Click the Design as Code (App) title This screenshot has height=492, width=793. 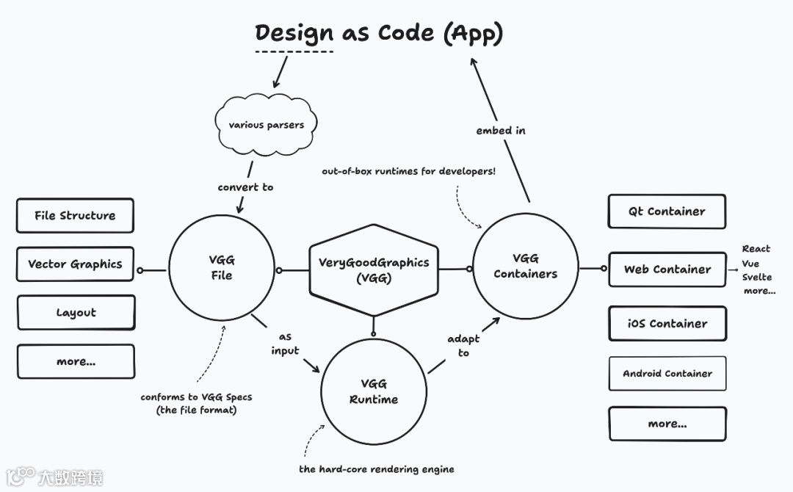point(379,33)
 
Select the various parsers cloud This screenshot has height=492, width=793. point(266,125)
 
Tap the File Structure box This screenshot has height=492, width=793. point(75,216)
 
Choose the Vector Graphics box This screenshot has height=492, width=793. point(75,264)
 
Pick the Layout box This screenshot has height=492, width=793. point(76,313)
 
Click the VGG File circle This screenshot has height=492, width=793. point(221,268)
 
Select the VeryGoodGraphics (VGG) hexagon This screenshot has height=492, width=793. point(374,269)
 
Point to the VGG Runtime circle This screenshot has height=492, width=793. point(374,391)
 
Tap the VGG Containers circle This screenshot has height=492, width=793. point(525,266)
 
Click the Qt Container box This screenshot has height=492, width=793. point(667,211)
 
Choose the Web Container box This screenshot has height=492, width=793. point(667,269)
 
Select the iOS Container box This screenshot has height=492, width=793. point(667,324)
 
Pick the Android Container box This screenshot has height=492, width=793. point(667,374)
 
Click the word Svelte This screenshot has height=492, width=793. point(757,278)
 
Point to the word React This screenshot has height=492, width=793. point(756,250)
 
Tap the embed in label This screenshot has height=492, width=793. point(501,131)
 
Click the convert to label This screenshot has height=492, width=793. point(245,187)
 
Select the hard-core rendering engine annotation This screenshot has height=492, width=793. point(377,469)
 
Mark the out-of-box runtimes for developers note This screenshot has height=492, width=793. point(408,172)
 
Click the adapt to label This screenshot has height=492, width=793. point(463,346)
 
